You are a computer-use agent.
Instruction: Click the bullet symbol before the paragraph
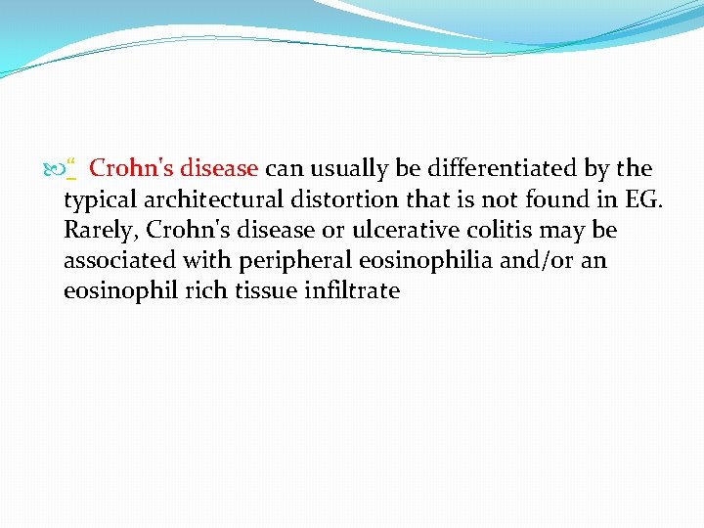click(54, 169)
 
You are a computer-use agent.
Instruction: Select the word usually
click(337, 168)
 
